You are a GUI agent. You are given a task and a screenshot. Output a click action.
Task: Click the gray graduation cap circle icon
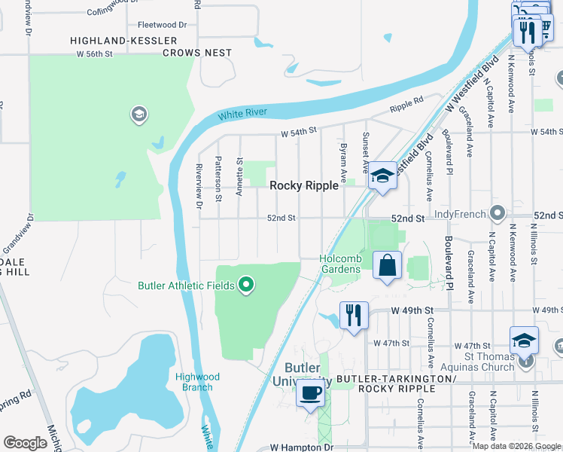[x=138, y=115]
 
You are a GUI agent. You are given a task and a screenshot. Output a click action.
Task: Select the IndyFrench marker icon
[x=497, y=213]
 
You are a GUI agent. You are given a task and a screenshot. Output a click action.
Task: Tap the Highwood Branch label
[x=198, y=382]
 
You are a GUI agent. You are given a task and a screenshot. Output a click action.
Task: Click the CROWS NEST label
[x=197, y=53]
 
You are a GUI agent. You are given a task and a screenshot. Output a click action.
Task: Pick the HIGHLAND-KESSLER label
[x=123, y=40]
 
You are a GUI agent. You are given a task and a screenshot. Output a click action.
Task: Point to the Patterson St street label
[x=218, y=179]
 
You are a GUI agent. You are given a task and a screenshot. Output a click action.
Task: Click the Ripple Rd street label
[x=406, y=105]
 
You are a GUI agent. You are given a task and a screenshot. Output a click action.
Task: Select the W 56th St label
[x=94, y=53]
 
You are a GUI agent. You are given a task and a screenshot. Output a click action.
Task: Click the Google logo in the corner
[x=25, y=443]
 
